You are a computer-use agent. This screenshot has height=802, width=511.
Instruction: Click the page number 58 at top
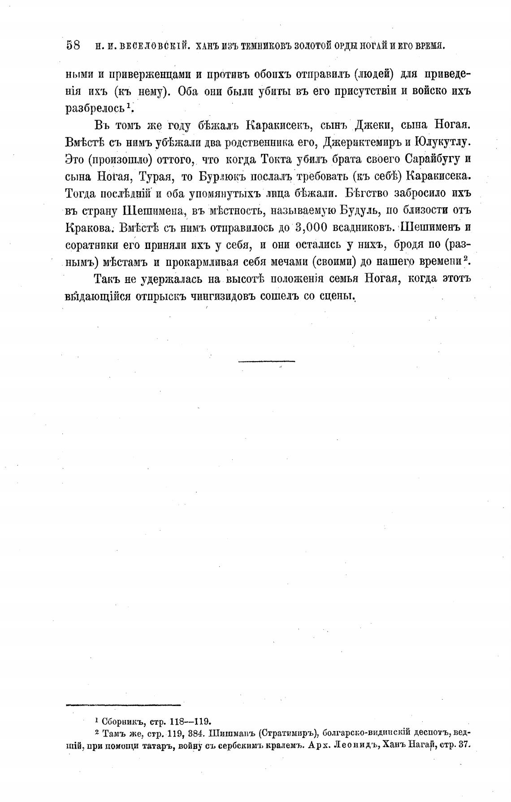pos(73,45)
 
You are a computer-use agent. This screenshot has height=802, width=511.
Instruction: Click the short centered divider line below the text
pos(267,361)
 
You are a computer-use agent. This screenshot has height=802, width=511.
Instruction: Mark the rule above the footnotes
pos(123,706)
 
